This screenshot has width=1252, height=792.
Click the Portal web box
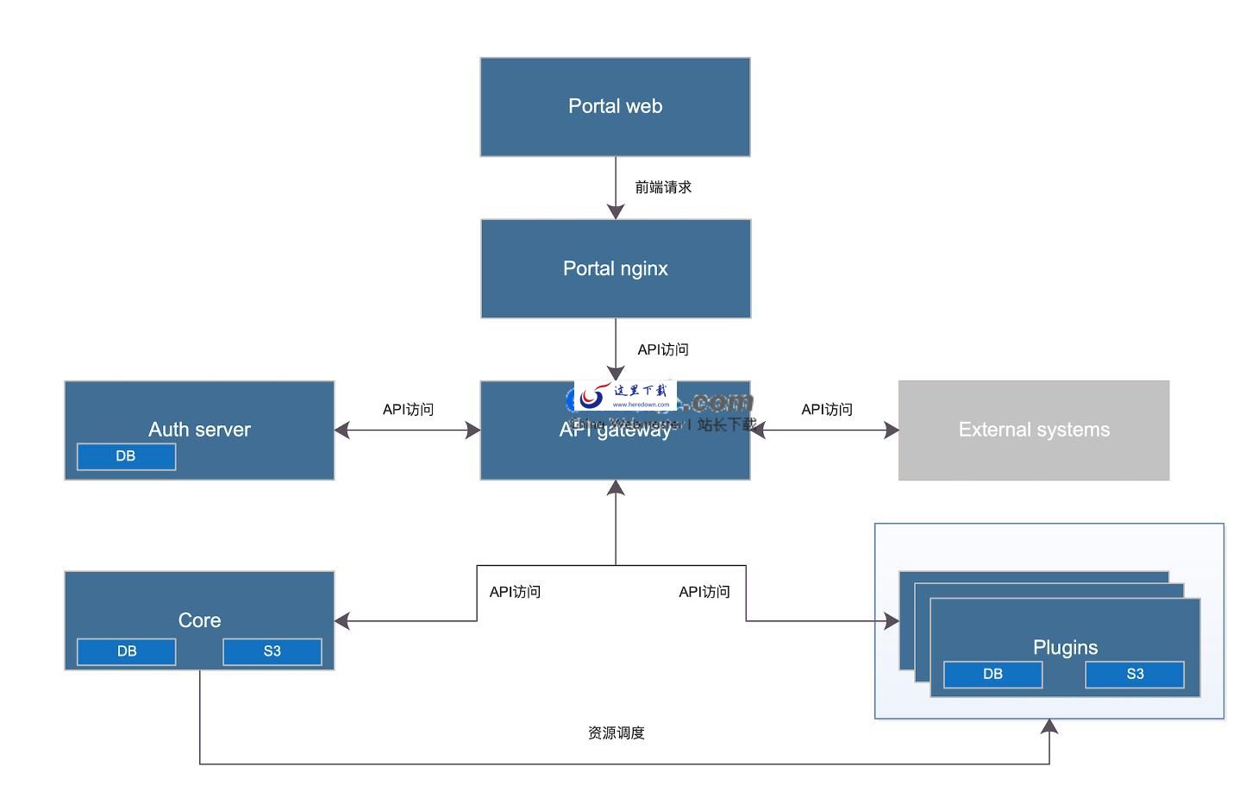coord(615,107)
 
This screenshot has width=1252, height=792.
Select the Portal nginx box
coord(615,268)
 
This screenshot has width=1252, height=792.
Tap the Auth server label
coord(199,429)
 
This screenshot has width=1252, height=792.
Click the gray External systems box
coord(1033,430)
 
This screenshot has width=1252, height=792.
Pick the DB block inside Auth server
coord(126,456)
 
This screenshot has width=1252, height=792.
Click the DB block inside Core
coord(126,651)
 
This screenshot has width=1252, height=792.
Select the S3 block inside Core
coord(272,651)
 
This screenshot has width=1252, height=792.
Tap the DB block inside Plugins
coord(992,674)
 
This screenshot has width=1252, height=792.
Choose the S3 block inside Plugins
coord(1134,674)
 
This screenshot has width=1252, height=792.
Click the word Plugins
coord(1065,647)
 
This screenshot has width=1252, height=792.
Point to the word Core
coord(199,619)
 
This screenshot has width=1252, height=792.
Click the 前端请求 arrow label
coord(663,187)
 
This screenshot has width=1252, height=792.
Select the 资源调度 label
coord(616,732)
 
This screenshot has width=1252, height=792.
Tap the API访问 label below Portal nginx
coord(662,349)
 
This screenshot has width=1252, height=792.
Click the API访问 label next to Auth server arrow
coord(408,409)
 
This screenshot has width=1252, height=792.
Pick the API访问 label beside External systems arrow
coord(826,409)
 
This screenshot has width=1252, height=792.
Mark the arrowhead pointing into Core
coord(342,620)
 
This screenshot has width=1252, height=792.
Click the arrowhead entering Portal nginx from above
coord(615,211)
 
